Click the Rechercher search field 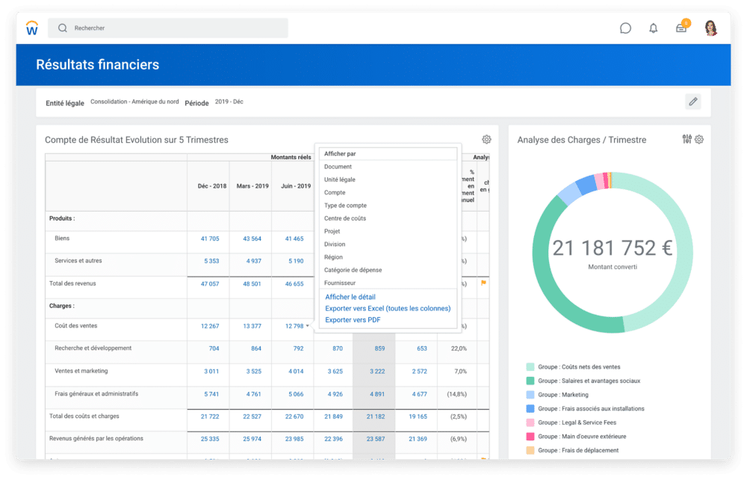point(168,28)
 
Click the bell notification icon point(654,28)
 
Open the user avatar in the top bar point(710,28)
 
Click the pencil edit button point(693,102)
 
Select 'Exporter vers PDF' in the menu point(353,320)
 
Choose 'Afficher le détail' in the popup point(350,297)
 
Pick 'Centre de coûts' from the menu point(345,218)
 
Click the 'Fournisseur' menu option point(340,283)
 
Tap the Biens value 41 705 point(210,239)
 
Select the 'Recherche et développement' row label point(93,348)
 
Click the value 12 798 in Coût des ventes point(294,326)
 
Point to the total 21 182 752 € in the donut point(612,247)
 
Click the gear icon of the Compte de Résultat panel point(486,140)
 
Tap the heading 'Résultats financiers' point(98,65)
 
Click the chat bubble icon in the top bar point(625,28)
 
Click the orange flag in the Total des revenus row point(483,283)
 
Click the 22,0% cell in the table point(458,348)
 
